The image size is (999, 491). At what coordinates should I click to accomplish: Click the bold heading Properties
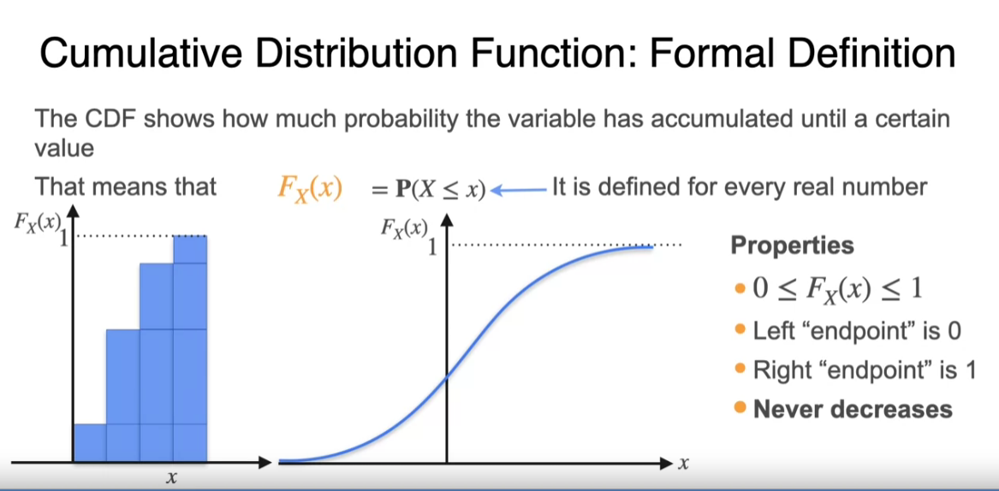792,245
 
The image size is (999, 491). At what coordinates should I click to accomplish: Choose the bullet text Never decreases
853,409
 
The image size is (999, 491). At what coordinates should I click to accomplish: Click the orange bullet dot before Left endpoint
739,330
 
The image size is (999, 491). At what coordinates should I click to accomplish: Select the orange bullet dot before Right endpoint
739,369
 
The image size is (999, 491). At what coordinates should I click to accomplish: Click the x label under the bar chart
170,477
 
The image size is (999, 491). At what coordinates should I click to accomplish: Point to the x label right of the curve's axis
683,464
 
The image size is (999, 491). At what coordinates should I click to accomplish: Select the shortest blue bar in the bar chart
89,442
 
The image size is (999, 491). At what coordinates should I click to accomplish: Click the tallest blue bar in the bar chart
190,349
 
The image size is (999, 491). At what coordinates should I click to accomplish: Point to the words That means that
126,186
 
